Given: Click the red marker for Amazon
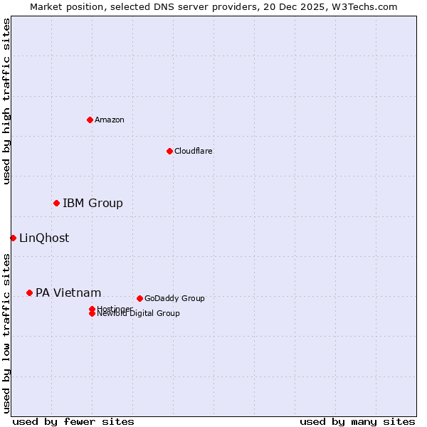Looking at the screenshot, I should point(90,120).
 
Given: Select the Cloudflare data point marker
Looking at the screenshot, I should point(169,151).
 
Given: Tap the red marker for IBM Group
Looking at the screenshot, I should point(56,204).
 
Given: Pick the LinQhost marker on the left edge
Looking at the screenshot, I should point(13,238).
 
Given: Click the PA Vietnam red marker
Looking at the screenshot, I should point(29,292).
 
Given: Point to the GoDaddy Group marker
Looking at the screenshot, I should point(139,298).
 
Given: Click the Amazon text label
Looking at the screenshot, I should point(110,120).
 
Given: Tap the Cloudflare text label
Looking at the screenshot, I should point(193,151).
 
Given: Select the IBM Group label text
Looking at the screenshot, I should point(93,204).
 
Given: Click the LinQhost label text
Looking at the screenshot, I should point(44,238).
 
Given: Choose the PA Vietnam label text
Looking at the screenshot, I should point(68,293).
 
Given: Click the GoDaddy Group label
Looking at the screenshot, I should point(174,298).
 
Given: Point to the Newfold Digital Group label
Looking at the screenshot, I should point(138,314).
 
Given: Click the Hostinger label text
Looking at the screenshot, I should point(115,309).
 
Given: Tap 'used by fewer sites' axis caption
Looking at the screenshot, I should point(73,421).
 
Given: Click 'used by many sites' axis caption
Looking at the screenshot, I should point(357,421).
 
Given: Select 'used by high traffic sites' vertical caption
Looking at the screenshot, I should point(7,101).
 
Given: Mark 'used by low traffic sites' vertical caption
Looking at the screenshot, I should point(7,332).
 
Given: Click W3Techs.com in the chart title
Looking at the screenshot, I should point(361,6).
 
